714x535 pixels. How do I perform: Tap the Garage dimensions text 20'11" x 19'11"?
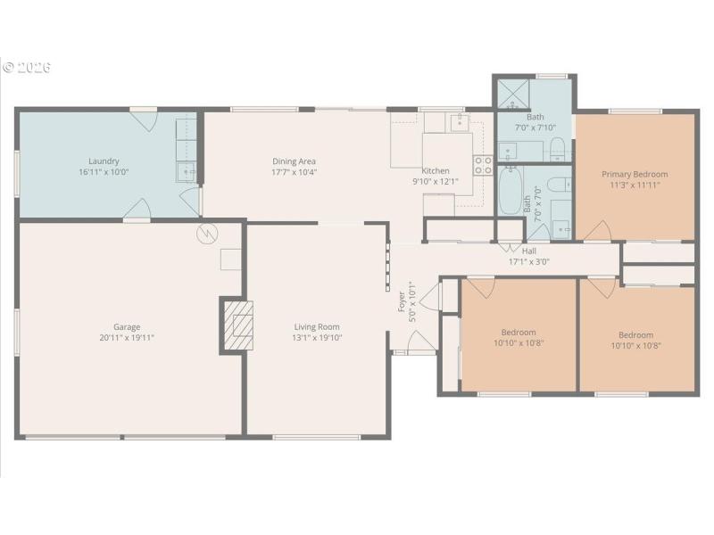(126, 338)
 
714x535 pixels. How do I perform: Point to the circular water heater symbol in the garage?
(207, 235)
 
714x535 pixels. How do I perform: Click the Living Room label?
(317, 326)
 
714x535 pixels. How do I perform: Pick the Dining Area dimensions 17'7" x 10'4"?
(294, 172)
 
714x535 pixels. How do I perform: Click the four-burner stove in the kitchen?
(483, 164)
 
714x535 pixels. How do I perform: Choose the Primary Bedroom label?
(634, 174)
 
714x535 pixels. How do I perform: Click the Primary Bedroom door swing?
(595, 230)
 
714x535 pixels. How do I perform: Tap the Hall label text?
(528, 251)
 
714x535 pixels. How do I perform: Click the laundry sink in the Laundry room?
(187, 170)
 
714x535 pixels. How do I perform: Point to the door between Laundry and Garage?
(137, 211)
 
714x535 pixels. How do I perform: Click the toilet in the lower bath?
(558, 185)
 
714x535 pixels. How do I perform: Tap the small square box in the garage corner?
(231, 259)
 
